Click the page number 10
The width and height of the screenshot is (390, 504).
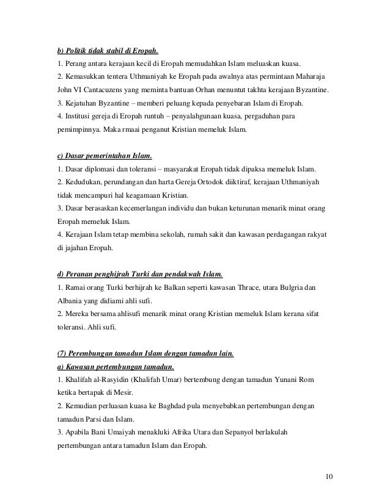coord(331,475)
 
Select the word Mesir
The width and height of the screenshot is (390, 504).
coord(123,394)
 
